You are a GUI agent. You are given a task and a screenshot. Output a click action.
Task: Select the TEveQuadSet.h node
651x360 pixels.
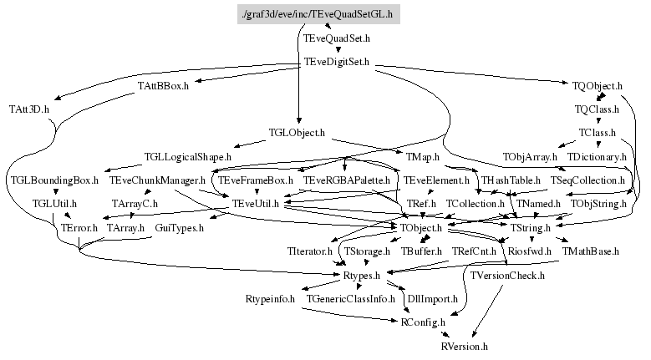tap(337, 38)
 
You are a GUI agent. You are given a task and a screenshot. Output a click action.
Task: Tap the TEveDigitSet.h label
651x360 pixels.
tap(337, 62)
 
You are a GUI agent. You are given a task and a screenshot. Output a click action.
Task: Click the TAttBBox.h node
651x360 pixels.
tap(165, 86)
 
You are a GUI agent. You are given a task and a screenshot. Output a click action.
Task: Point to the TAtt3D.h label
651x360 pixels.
tap(29, 109)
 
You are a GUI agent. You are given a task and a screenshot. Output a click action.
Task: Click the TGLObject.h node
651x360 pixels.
tap(297, 133)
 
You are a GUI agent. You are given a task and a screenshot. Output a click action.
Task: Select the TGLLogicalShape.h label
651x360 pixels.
tap(187, 156)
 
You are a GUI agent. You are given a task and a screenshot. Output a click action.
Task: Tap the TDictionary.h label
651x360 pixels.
tap(597, 156)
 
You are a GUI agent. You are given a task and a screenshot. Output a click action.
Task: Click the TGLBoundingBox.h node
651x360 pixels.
tap(54, 180)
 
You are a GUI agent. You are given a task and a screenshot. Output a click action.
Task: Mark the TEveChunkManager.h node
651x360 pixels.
tap(158, 180)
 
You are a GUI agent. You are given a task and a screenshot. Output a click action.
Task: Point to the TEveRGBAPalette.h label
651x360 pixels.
tap(347, 180)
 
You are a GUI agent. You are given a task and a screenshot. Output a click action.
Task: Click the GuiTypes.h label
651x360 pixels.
tap(175, 227)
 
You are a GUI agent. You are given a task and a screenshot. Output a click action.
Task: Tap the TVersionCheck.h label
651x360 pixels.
tap(507, 275)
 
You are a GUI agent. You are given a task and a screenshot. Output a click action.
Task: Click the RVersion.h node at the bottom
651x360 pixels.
tap(464, 345)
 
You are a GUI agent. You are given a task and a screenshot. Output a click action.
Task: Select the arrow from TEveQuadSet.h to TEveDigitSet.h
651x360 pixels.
tap(337, 50)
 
